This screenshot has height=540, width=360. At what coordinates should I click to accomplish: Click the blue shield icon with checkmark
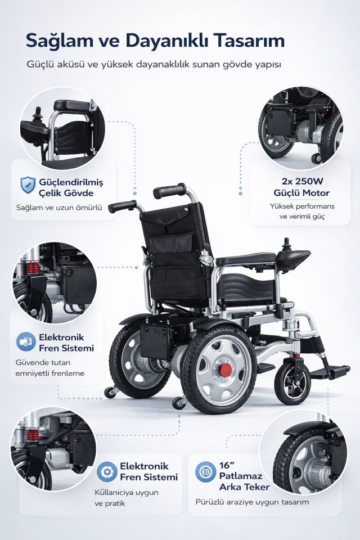coord(28,185)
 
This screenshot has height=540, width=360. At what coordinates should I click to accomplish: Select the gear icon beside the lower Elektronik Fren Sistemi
coord(107,471)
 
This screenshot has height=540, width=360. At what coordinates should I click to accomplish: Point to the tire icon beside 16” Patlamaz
coord(206,471)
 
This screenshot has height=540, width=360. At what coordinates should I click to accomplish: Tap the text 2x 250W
coord(302,182)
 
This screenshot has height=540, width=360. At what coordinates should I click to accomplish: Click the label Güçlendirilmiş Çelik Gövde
coord(71,187)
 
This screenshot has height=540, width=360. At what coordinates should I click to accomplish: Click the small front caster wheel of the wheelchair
coord(292,383)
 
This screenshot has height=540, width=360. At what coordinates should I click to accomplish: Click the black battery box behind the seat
coord(155,340)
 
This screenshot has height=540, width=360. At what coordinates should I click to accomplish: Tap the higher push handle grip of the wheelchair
coord(169,191)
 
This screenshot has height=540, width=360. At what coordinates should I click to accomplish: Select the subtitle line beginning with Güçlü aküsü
coord(154,64)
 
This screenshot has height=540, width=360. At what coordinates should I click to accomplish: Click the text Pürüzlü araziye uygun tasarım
coord(252,502)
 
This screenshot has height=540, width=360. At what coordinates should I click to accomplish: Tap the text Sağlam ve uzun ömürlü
coord(59,208)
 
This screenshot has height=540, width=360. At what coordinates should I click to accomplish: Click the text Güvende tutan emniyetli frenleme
coord(50,368)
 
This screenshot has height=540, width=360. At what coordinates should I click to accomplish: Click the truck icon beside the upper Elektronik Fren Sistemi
coord(26,341)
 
